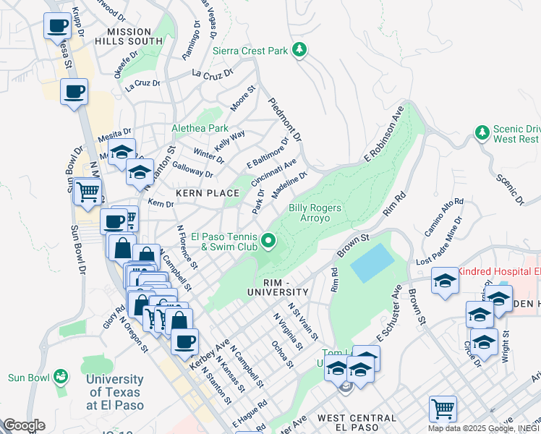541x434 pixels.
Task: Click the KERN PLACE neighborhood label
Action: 207,193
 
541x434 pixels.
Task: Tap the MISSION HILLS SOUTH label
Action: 129,37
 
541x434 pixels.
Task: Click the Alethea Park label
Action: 200,129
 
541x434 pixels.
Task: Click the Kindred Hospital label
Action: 498,271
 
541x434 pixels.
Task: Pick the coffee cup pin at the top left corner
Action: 57,27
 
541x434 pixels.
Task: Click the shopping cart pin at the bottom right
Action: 442,408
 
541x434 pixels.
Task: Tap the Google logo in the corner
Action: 24,425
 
